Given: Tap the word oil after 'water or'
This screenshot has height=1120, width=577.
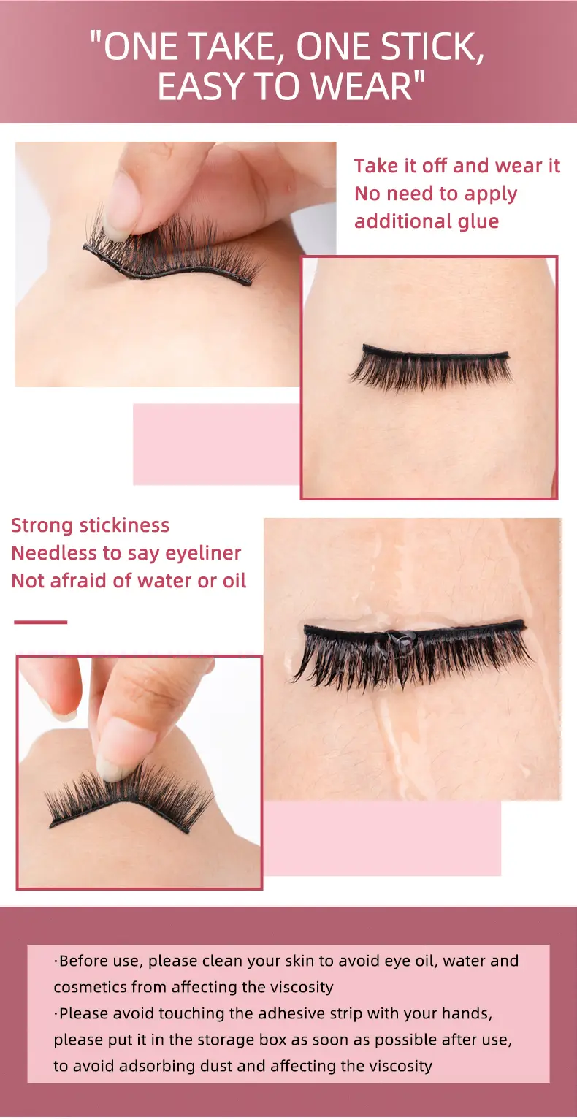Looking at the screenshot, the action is tap(234, 581).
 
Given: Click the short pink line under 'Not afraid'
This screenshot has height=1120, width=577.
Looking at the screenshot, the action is tap(40, 622).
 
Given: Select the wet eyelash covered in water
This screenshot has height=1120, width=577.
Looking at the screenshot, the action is tap(413, 652).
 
